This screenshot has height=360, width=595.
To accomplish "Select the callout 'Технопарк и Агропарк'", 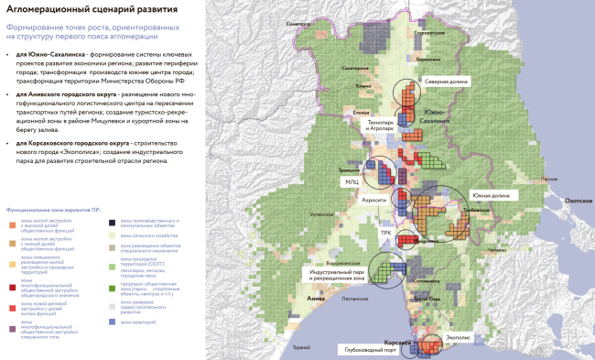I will (x=381, y=125).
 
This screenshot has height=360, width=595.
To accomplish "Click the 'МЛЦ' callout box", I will (x=351, y=182).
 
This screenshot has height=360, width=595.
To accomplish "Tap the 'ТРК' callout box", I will (x=386, y=233).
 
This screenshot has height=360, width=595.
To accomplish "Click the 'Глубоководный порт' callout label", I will (x=372, y=349).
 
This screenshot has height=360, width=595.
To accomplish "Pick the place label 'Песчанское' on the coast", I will (x=355, y=299).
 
